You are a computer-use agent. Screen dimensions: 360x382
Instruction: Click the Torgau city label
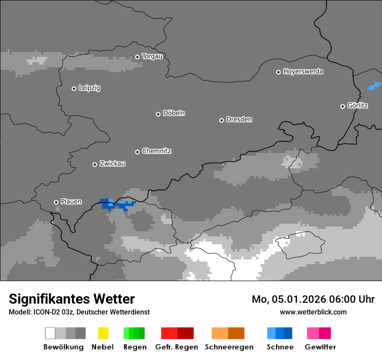(152, 56)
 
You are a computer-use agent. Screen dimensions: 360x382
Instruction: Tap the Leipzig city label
(89, 88)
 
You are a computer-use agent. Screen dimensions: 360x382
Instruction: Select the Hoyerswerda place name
(303, 72)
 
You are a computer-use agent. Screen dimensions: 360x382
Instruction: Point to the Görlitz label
(358, 105)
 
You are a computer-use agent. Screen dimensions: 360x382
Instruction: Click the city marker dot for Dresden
(221, 120)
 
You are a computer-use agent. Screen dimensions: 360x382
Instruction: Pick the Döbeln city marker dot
(158, 114)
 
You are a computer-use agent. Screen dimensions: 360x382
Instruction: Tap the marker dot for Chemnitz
(137, 152)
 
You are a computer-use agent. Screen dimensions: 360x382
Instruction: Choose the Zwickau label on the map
(112, 164)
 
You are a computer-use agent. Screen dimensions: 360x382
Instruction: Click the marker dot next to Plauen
(56, 202)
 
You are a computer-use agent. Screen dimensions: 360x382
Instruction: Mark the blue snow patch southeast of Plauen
(116, 204)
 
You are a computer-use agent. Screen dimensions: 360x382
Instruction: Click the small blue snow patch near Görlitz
(375, 86)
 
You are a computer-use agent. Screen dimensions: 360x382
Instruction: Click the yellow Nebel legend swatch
(103, 333)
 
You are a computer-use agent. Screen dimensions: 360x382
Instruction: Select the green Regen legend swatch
(134, 333)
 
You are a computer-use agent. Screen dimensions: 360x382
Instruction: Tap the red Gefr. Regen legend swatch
(177, 333)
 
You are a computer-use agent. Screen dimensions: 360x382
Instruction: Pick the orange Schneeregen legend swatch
(228, 333)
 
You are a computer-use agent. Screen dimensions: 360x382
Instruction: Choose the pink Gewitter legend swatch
(319, 333)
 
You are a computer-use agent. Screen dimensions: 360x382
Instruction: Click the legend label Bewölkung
(63, 347)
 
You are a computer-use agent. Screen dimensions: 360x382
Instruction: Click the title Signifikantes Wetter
(72, 299)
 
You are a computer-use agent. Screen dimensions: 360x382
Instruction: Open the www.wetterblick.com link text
(313, 312)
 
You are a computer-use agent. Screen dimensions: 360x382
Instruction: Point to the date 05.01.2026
(299, 299)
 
